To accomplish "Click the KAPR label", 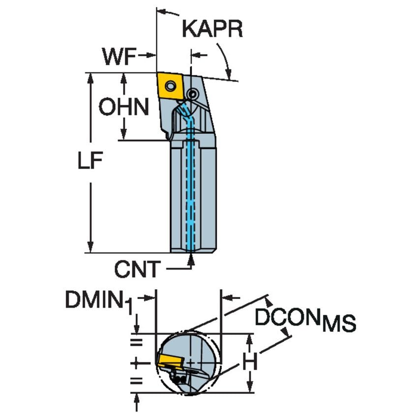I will click(x=212, y=29).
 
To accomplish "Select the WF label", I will click(x=119, y=57).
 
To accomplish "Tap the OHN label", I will click(x=123, y=107).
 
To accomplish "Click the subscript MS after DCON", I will click(x=339, y=326).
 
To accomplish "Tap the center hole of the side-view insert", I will click(x=170, y=87).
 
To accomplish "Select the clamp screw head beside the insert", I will click(x=194, y=93).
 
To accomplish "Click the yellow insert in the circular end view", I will click(x=169, y=360).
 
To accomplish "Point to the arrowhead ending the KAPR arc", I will click(x=229, y=75).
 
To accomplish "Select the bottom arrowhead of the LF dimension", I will click(x=90, y=248).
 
